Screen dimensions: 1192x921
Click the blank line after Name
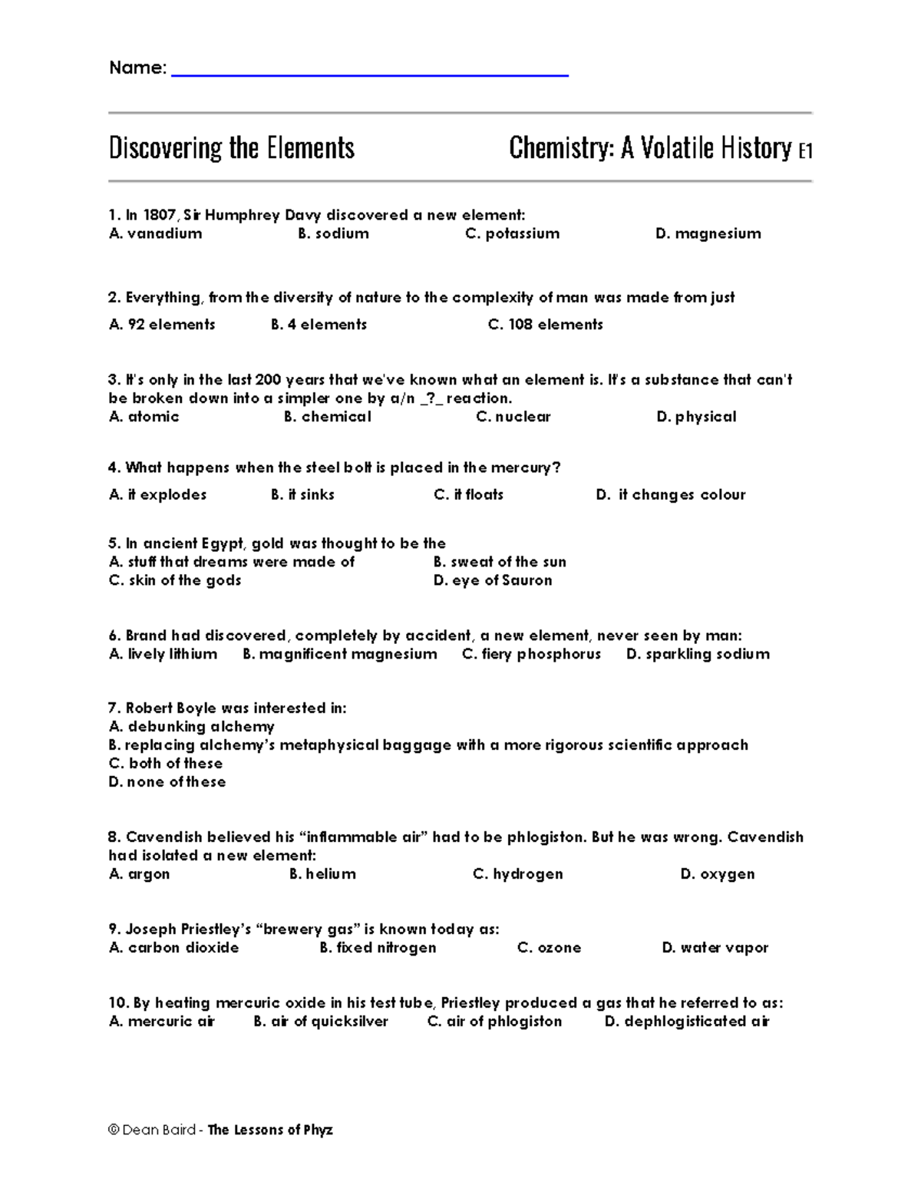click(369, 74)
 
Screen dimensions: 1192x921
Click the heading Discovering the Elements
click(231, 148)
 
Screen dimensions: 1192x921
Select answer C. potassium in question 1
click(512, 233)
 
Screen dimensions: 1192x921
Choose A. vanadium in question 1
click(156, 233)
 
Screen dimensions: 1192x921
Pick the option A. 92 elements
click(162, 325)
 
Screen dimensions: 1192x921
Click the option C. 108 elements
click(545, 325)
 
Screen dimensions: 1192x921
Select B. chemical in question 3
click(327, 417)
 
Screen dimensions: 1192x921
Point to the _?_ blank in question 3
click(431, 398)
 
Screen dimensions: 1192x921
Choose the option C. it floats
click(468, 495)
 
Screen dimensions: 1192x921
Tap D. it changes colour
click(670, 495)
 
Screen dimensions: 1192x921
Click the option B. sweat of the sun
click(500, 562)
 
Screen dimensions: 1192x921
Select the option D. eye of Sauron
click(492, 580)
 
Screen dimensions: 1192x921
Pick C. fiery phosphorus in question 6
click(531, 654)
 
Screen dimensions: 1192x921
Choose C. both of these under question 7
click(166, 763)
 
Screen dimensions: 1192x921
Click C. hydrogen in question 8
click(517, 874)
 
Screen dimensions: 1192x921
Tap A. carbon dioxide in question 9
click(174, 948)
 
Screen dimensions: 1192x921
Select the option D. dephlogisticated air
click(686, 1022)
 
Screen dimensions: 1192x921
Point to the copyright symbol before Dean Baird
click(114, 1130)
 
